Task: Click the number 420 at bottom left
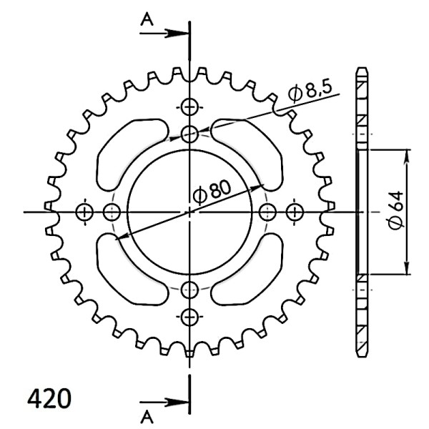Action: pyautogui.click(x=49, y=398)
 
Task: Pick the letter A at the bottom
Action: pyautogui.click(x=147, y=415)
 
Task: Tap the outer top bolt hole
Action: pyautogui.click(x=189, y=107)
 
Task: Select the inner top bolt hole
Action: pyautogui.click(x=189, y=134)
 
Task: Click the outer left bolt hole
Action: pyautogui.click(x=84, y=212)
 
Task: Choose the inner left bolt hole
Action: pyautogui.click(x=112, y=212)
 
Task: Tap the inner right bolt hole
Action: pyautogui.click(x=268, y=212)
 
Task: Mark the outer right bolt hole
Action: pyautogui.click(x=295, y=212)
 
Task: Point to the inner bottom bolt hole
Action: pyautogui.click(x=189, y=290)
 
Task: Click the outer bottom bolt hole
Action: pyautogui.click(x=189, y=316)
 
